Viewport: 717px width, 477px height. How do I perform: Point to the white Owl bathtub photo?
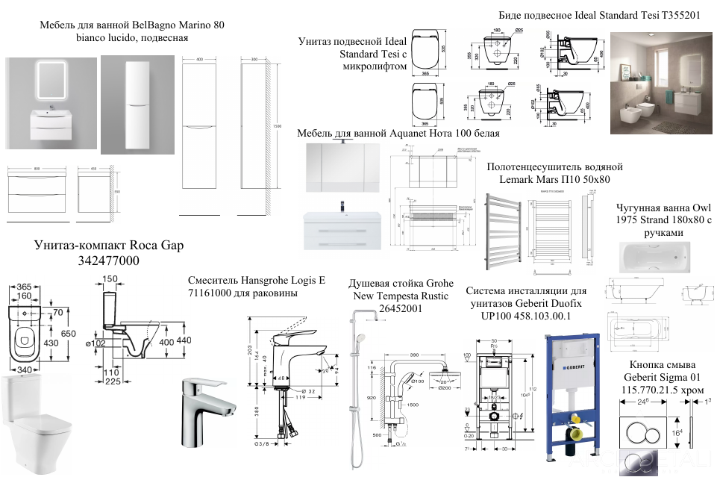(660, 258)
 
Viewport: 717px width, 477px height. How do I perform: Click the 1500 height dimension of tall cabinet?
(277, 127)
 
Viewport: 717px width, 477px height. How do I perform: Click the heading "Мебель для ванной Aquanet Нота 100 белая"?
(398, 133)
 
